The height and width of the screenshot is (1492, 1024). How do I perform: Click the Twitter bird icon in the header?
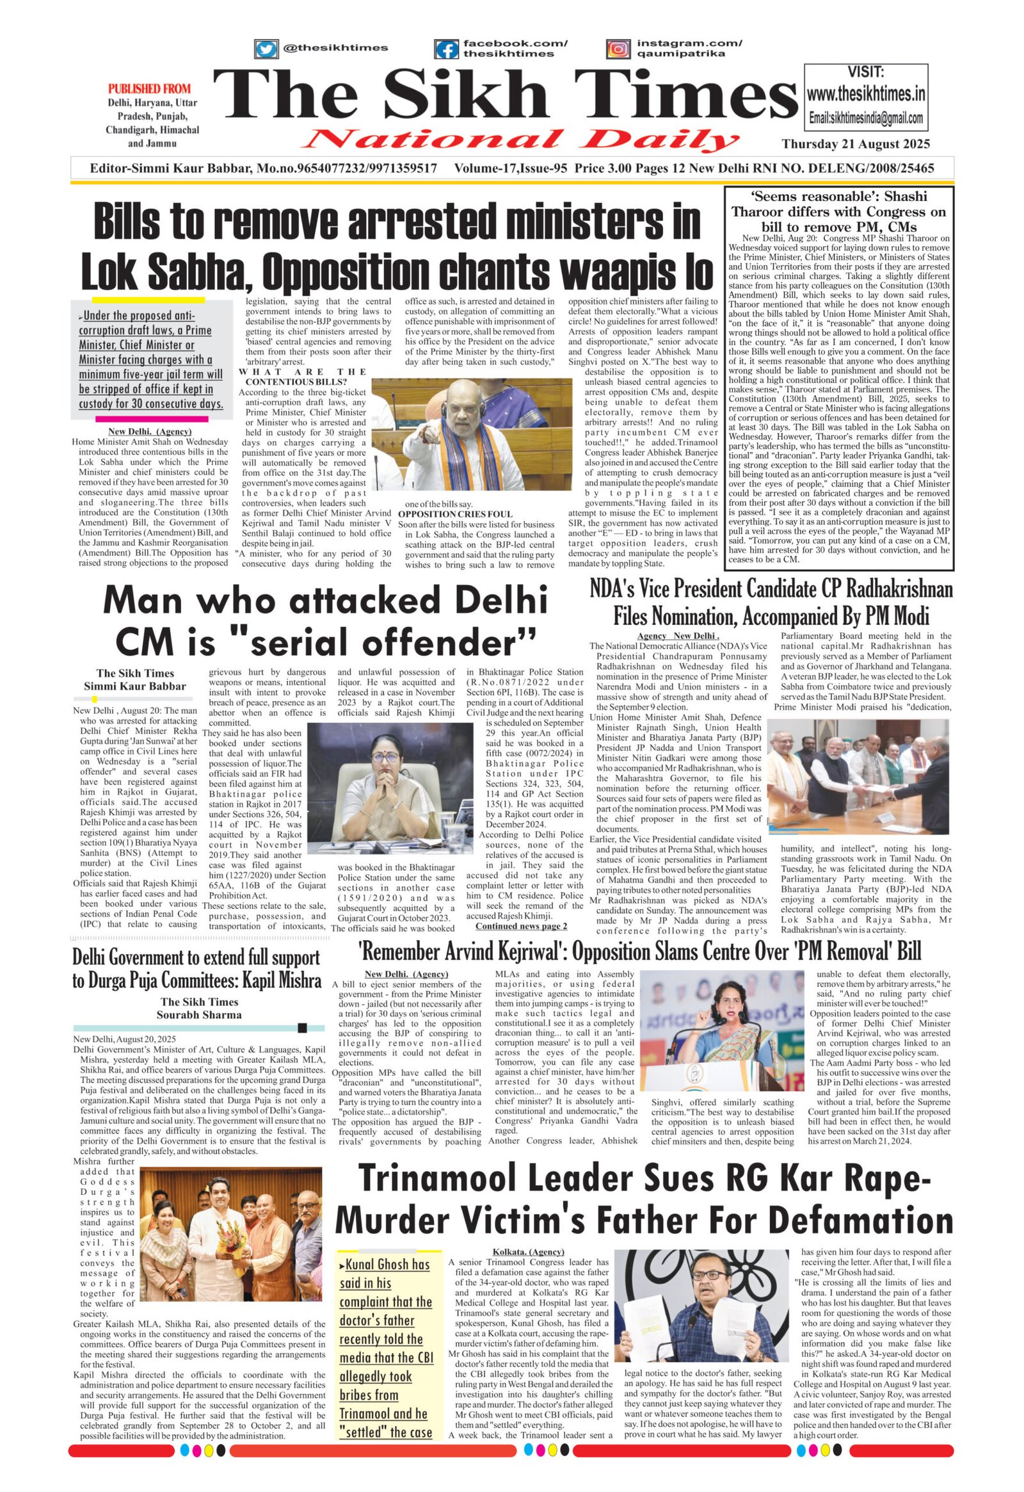pyautogui.click(x=264, y=49)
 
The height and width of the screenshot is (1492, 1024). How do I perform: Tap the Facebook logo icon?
pyautogui.click(x=445, y=49)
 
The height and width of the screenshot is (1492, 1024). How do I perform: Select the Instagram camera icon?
pyautogui.click(x=618, y=49)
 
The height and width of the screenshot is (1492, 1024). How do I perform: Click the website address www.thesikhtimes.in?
pyautogui.click(x=866, y=94)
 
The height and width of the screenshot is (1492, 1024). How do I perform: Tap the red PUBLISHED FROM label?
pyautogui.click(x=149, y=88)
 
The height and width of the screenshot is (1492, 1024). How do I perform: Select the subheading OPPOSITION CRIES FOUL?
pyautogui.click(x=456, y=514)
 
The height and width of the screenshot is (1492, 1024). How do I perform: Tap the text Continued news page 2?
pyautogui.click(x=521, y=926)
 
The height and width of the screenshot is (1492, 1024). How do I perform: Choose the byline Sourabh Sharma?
pyautogui.click(x=199, y=1014)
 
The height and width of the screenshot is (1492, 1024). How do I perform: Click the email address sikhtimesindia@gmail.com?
pyautogui.click(x=866, y=118)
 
